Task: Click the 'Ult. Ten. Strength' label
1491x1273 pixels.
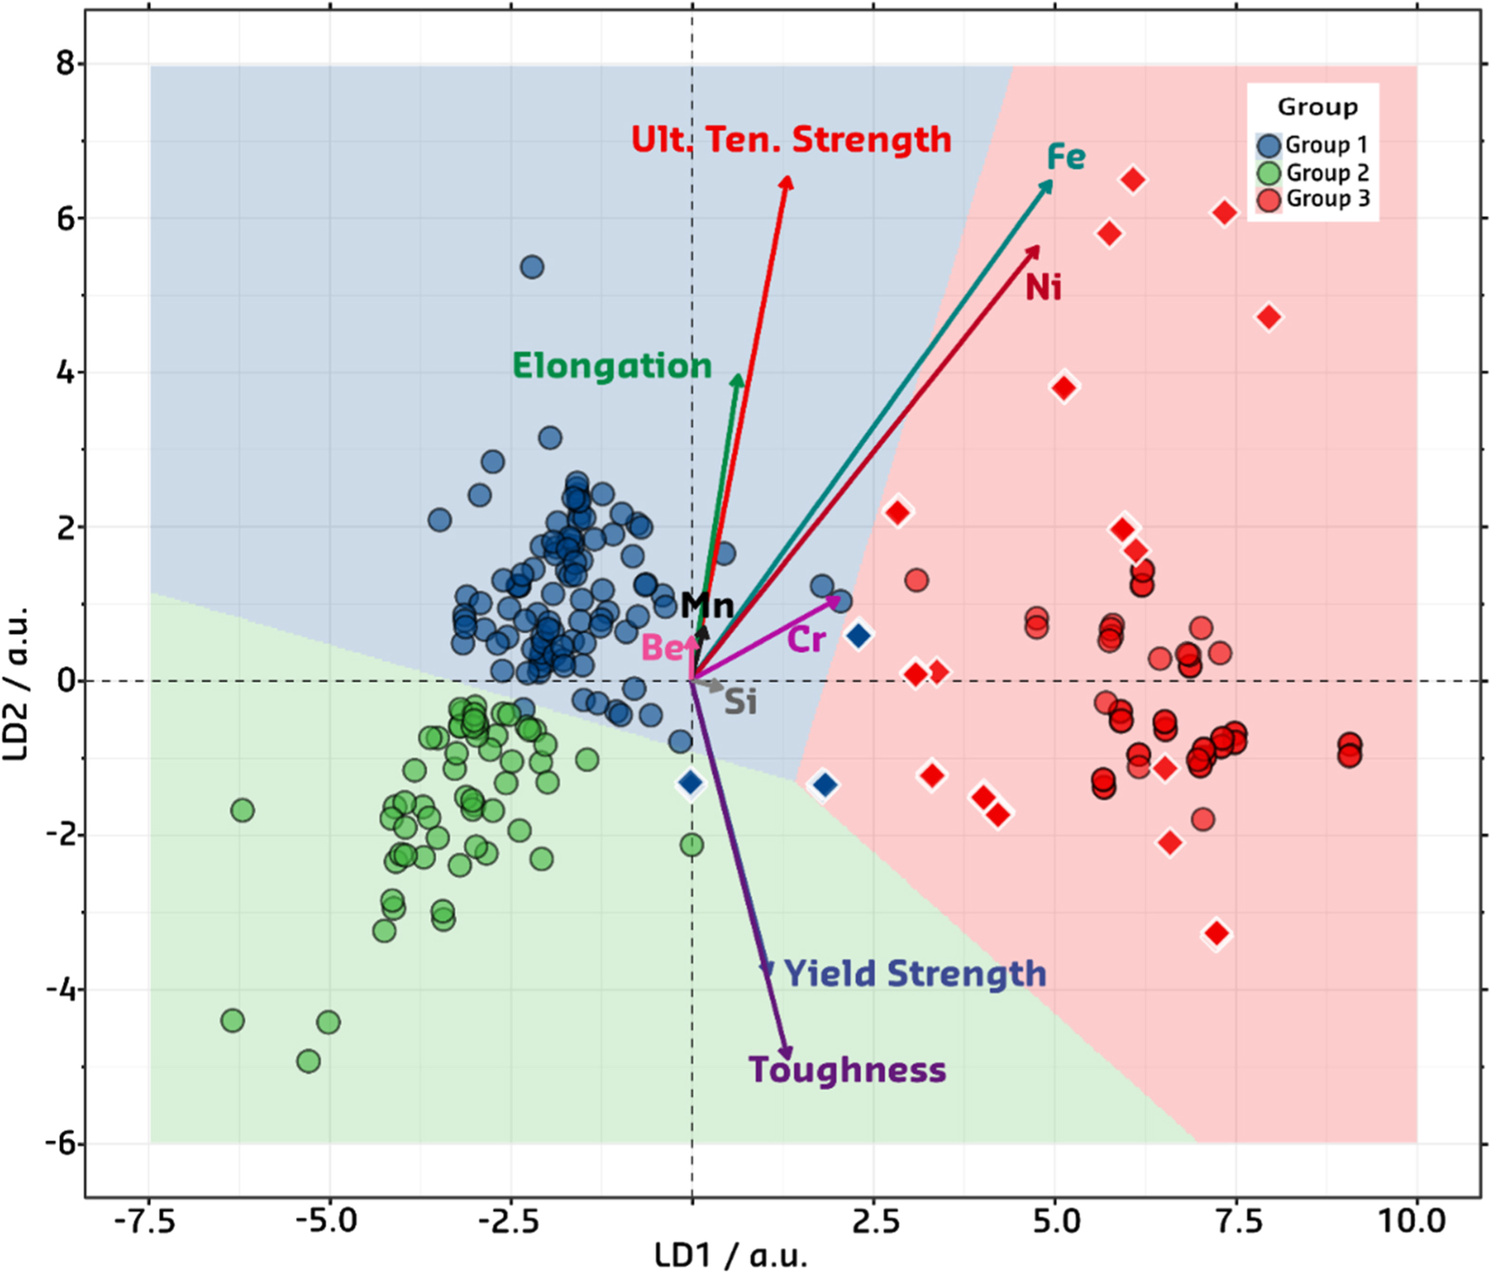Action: tap(791, 140)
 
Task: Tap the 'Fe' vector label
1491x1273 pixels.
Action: tap(1066, 157)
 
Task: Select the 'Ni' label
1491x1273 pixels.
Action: tap(1043, 287)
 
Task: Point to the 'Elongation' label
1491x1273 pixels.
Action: tap(612, 365)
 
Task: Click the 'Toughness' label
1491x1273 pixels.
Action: tap(847, 1070)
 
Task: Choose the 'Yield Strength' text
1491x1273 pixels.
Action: tap(915, 974)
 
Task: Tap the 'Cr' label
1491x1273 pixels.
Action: tap(806, 641)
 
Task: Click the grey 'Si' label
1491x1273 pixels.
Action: tap(741, 702)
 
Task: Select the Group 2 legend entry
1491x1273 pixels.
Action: tap(1313, 173)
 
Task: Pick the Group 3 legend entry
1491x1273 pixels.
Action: tap(1313, 199)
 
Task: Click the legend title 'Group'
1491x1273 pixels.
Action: tap(1317, 107)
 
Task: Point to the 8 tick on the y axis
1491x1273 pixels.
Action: tap(65, 64)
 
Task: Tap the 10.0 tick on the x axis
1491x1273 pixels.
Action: tap(1415, 1221)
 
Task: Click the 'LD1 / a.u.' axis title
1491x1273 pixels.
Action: tap(731, 1255)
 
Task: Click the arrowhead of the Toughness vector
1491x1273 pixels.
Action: tap(785, 1053)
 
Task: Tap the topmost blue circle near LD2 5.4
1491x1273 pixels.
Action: tap(532, 268)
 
